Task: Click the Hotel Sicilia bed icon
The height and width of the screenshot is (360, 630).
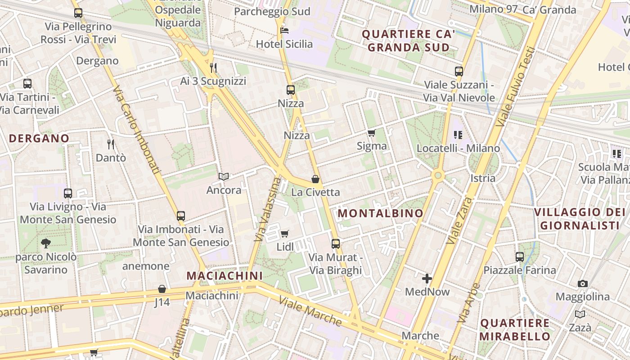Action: tap(284, 31)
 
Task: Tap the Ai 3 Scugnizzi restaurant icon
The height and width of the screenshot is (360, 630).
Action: tap(213, 68)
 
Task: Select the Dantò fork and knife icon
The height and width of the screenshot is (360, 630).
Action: tap(111, 144)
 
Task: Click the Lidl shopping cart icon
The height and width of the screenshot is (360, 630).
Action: tap(284, 234)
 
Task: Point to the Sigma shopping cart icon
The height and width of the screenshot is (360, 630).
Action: tap(371, 133)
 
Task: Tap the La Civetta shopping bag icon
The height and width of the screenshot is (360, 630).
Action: tap(315, 179)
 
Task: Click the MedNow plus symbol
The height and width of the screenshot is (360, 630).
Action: tap(427, 279)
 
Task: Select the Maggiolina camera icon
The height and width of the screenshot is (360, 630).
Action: tap(583, 283)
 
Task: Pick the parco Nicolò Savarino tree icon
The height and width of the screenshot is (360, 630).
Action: tap(45, 243)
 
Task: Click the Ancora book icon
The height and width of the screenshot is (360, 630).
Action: tap(224, 177)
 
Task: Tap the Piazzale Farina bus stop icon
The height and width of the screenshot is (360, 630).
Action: tap(520, 257)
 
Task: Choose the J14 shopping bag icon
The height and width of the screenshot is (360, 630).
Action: tap(162, 289)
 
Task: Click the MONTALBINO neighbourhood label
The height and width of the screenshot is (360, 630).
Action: tap(380, 213)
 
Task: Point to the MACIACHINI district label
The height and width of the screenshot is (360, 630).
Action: tap(224, 275)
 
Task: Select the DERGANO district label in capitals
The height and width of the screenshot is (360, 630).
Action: tap(39, 138)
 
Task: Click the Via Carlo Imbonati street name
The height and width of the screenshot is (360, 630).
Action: tap(137, 130)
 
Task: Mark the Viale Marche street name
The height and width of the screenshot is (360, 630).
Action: tap(310, 310)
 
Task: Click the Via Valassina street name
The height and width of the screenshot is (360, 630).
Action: tap(268, 210)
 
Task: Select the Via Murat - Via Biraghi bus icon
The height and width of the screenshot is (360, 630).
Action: tap(336, 244)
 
